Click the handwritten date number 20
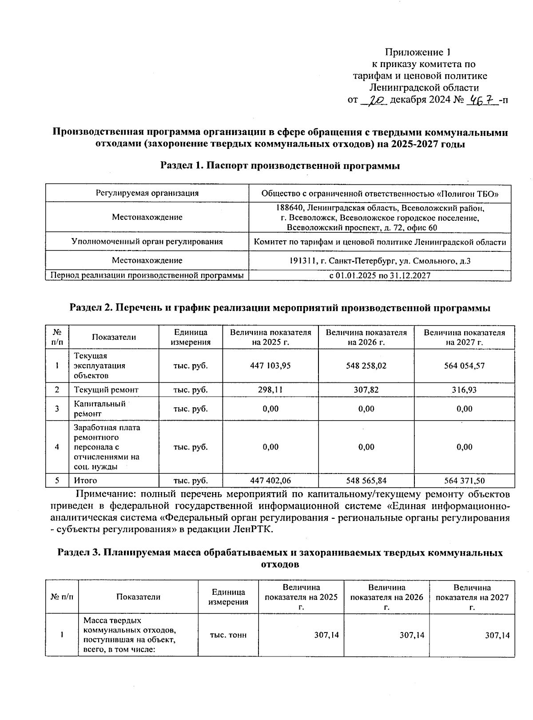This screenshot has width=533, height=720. tap(375, 100)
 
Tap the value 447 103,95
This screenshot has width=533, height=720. tap(270, 366)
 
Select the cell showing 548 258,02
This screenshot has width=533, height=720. tap(366, 366)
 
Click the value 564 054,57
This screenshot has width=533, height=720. tap(464, 366)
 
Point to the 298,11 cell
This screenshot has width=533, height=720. tap(270, 390)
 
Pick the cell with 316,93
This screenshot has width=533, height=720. tap(464, 390)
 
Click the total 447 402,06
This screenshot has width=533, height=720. tap(270, 480)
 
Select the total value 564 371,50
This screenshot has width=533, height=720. tap(464, 480)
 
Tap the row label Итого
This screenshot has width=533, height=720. tap(85, 480)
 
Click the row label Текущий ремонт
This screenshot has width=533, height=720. tap(106, 390)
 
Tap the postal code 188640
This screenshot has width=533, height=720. tap(289, 208)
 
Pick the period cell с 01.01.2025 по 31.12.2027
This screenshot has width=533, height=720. tap(380, 275)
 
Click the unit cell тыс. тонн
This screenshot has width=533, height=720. tap(228, 635)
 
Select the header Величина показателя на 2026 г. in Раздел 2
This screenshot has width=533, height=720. tap(366, 337)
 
